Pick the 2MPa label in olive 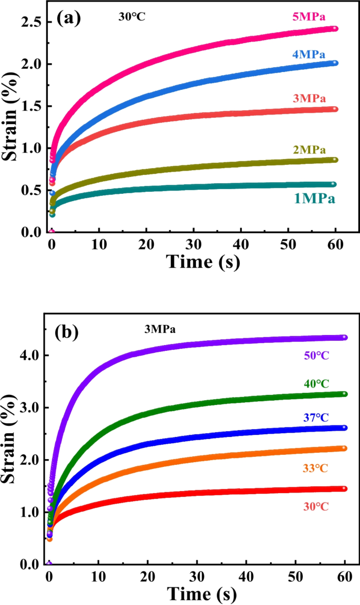click(x=310, y=150)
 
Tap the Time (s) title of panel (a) click(x=203, y=261)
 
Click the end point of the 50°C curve click(x=345, y=337)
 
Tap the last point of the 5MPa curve click(x=335, y=28)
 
